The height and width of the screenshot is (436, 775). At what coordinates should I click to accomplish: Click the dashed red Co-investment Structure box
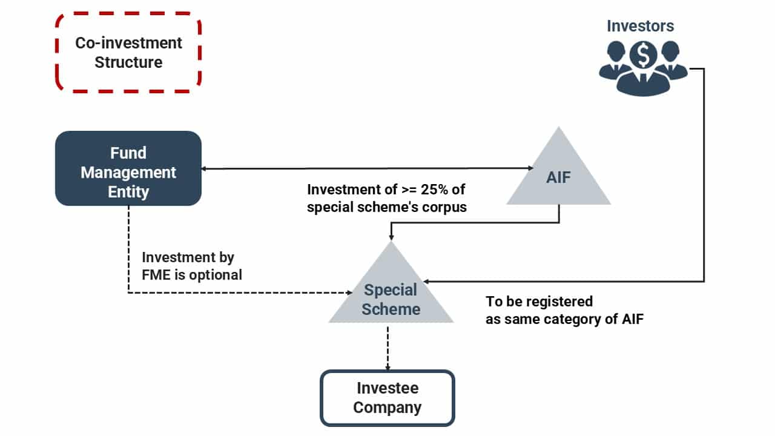coord(128,53)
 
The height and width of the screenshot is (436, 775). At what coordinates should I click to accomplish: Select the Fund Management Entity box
coord(128,168)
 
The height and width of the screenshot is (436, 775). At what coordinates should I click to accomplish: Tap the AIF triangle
coord(558,176)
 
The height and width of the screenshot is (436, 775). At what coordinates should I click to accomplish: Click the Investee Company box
coord(387,398)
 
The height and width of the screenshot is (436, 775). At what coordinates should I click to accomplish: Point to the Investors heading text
coord(640,26)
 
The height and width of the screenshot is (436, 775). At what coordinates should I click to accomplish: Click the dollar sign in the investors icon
coord(643,56)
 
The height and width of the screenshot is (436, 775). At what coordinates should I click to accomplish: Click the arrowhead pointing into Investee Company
coord(387,366)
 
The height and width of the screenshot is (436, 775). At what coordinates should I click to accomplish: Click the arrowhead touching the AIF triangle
coord(528,168)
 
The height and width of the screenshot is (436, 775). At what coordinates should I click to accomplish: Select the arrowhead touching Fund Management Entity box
coord(205,168)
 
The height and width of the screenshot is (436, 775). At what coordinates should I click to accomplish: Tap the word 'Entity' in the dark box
coord(128,192)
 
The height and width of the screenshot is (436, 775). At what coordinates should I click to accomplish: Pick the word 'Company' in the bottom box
coord(387,408)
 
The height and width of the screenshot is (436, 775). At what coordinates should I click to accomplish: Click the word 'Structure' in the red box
coord(128,62)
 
